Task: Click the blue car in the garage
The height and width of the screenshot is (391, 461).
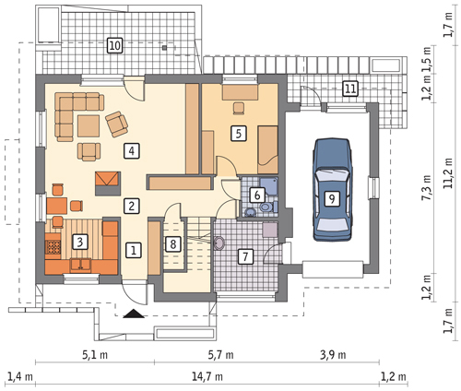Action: coord(332,190)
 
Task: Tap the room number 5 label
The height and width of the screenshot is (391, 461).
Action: coord(239,134)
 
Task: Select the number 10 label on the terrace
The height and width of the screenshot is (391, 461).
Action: coord(114,46)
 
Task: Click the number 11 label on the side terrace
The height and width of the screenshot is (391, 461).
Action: coord(350,89)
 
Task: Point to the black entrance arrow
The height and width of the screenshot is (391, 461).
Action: coord(134,314)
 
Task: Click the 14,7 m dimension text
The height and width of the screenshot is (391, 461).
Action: coord(207,376)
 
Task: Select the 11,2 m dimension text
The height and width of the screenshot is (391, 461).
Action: coord(448,173)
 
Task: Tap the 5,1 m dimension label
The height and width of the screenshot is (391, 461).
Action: coord(95,355)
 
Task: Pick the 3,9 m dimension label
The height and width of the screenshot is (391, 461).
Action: coord(333,355)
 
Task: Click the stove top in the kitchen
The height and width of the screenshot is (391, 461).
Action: coord(53,246)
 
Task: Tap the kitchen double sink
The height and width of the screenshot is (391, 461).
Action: coord(80,265)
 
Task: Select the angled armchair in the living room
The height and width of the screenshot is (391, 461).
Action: coord(116,124)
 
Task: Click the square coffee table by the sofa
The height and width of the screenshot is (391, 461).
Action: coord(89,126)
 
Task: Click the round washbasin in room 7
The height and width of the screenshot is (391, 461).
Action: coord(219,243)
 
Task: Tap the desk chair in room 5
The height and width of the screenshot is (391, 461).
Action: coord(239,108)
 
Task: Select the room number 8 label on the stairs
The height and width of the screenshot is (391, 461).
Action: coord(173,244)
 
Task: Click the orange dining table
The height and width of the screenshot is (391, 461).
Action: coord(57,206)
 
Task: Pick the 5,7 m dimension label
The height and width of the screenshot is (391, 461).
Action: coord(220,355)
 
